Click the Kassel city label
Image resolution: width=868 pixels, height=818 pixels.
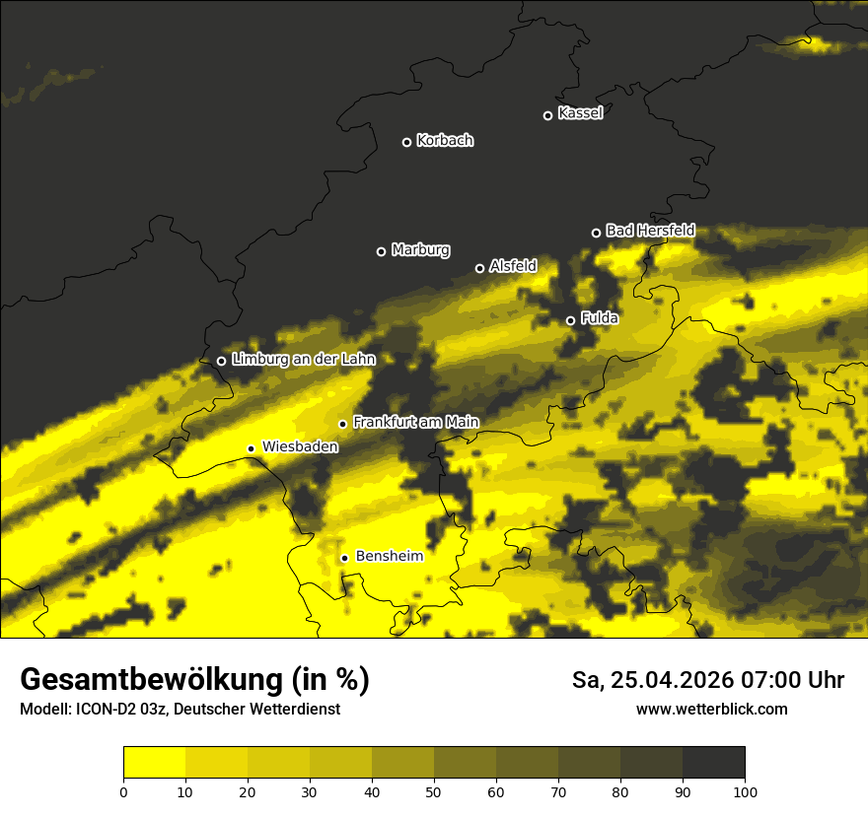tap(580, 113)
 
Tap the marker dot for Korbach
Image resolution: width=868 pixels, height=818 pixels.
tap(406, 142)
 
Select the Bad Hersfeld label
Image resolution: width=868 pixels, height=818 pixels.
tap(650, 231)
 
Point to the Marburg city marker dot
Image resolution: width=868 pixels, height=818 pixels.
tap(381, 251)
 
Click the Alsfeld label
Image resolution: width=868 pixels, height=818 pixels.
tap(513, 266)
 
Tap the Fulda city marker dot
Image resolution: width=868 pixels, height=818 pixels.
tap(570, 320)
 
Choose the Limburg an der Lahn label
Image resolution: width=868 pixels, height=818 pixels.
tap(303, 360)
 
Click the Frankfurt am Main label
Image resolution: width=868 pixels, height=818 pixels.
tap(415, 422)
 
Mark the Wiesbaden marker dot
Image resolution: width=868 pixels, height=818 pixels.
tap(251, 448)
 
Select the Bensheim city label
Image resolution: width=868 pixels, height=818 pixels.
tap(389, 556)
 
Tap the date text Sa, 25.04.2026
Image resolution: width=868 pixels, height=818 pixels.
tap(648, 680)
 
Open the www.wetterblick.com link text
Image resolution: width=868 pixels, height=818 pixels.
tap(711, 709)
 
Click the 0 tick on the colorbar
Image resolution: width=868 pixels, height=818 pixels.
tap(123, 791)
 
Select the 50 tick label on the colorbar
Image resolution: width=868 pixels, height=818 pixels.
tap(434, 791)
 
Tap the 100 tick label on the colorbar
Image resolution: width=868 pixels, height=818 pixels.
tap(745, 791)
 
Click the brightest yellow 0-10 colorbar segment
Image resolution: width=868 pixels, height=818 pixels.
tap(154, 763)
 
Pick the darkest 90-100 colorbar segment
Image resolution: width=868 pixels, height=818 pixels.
tap(713, 763)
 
